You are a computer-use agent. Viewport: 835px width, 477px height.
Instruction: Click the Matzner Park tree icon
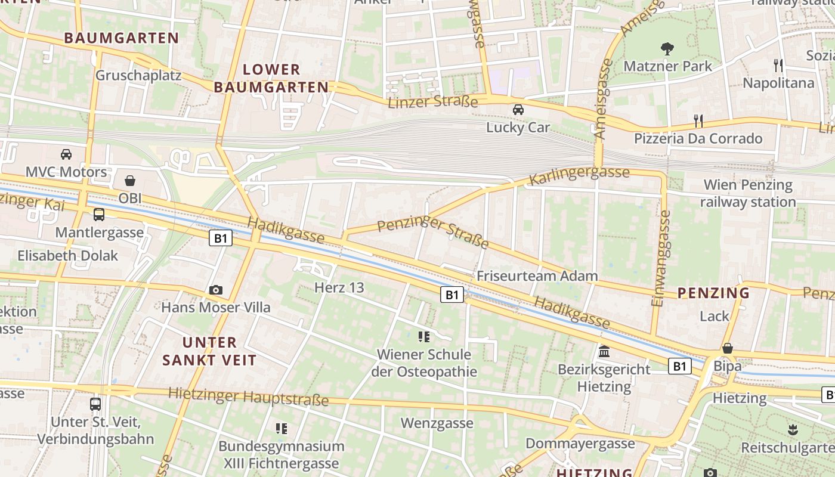click(667, 48)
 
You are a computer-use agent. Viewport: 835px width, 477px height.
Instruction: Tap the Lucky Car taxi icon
click(518, 110)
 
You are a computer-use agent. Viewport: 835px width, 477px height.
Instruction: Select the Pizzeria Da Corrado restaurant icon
click(698, 121)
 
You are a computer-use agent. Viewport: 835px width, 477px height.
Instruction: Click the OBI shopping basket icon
click(129, 180)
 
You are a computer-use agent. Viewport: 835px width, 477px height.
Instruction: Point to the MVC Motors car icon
click(66, 154)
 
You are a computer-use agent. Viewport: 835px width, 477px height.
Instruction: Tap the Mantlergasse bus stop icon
click(99, 215)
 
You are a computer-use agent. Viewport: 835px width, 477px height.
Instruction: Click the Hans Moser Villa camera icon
click(216, 290)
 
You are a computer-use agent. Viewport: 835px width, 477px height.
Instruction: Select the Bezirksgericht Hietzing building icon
click(604, 351)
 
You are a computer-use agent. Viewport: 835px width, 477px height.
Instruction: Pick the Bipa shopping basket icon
click(727, 348)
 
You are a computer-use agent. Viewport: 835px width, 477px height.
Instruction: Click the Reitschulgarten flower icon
click(792, 429)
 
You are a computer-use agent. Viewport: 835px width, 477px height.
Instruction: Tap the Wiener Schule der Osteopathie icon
click(424, 337)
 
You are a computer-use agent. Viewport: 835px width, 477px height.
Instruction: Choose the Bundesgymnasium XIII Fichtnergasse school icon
click(282, 428)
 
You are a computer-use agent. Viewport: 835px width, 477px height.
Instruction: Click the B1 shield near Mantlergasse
click(221, 238)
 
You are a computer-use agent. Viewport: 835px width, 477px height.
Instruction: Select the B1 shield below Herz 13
click(452, 295)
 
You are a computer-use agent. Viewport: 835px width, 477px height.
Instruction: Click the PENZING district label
click(713, 293)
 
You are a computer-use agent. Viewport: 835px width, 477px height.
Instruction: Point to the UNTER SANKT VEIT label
click(209, 351)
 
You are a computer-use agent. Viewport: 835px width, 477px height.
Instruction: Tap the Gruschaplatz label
click(138, 76)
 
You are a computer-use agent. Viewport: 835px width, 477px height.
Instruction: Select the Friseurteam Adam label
click(537, 275)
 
